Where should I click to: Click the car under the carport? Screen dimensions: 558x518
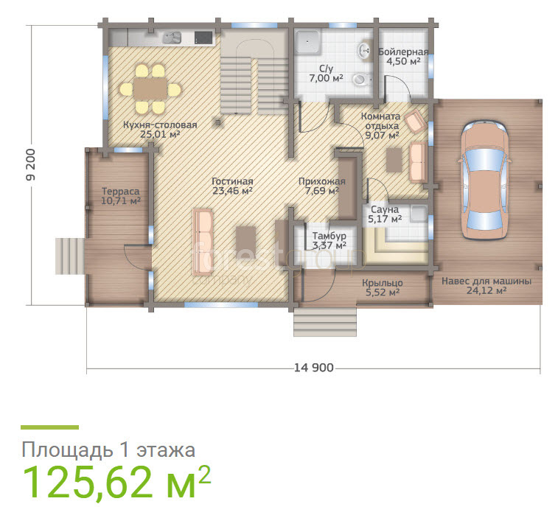coord(484,180)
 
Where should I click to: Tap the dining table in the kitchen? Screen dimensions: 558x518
coord(150,88)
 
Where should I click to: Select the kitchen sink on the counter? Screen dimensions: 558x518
coord(172,38)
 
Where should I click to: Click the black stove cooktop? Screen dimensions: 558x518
coord(203,38)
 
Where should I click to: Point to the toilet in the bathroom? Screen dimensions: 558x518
coord(362,79)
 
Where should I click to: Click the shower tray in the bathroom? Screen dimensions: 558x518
coord(308,41)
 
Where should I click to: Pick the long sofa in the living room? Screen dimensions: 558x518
coord(202,242)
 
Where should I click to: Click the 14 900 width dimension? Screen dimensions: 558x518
coord(314,368)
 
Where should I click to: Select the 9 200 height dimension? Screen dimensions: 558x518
coord(31,164)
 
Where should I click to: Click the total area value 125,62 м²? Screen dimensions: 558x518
coord(117,482)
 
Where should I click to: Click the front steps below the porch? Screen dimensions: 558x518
coord(324,321)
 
